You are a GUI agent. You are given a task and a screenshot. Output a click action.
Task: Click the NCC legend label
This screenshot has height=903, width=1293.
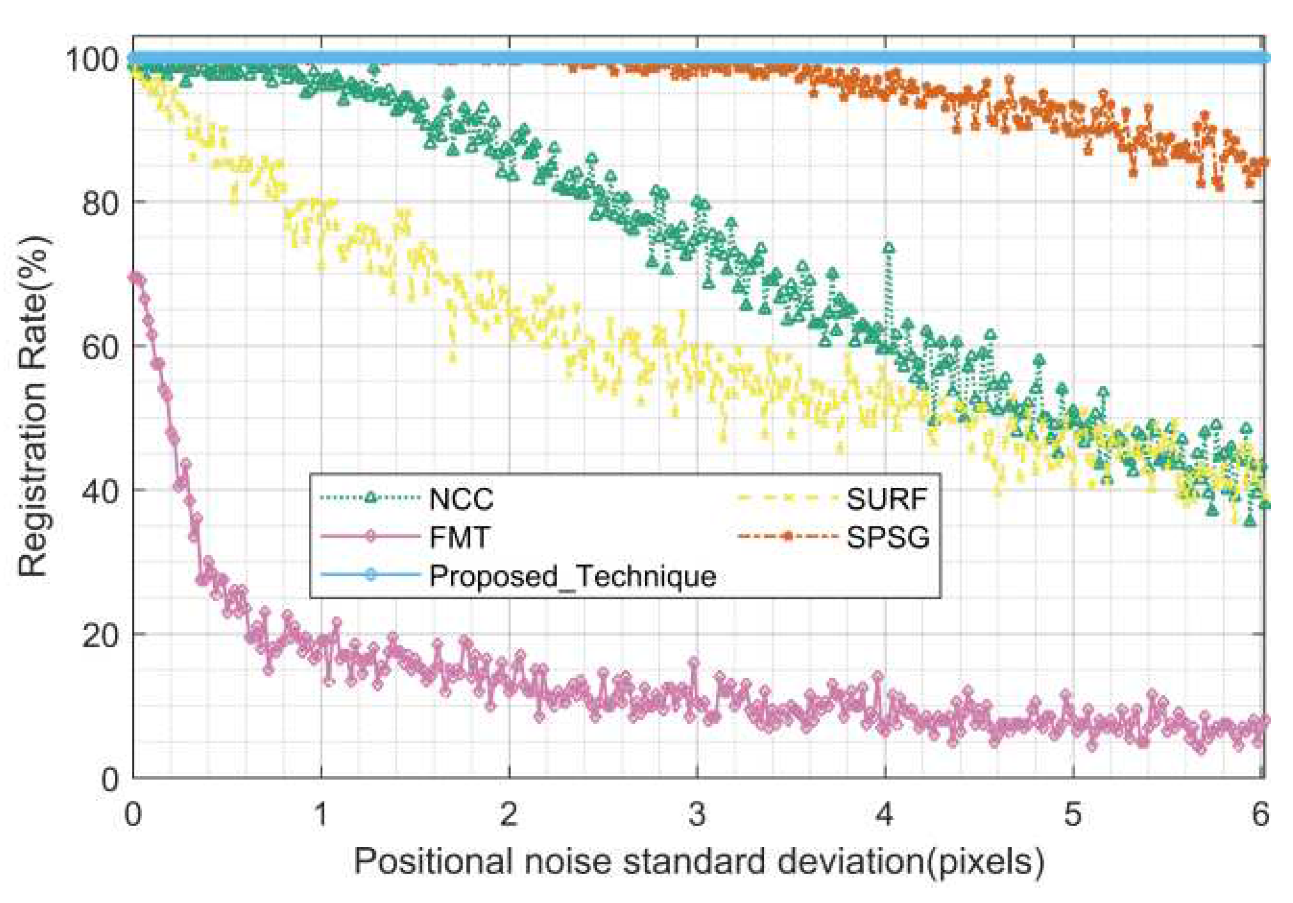point(461,498)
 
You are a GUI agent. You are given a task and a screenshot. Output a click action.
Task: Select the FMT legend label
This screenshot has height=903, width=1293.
point(459,537)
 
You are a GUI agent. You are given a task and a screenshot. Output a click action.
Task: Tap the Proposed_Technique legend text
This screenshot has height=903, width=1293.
point(572,575)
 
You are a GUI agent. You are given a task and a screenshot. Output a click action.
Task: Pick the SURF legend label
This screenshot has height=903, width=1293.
point(887,498)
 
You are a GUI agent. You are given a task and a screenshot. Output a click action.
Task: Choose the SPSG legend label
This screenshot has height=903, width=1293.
point(888,537)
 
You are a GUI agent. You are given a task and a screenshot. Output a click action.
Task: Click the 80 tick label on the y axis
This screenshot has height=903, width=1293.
point(100,202)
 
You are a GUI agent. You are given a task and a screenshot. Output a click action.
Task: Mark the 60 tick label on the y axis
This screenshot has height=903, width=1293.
point(100,346)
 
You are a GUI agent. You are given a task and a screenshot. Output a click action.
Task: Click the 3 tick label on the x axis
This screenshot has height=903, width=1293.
point(697,814)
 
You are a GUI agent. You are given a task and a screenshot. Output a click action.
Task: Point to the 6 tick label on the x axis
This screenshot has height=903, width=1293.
point(1260,814)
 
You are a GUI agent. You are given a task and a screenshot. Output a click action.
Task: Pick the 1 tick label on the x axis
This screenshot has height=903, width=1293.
point(321,814)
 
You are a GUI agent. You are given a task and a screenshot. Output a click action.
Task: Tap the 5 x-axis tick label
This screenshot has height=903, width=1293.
point(1073,814)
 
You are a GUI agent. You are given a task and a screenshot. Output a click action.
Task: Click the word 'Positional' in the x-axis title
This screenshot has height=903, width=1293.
point(433,861)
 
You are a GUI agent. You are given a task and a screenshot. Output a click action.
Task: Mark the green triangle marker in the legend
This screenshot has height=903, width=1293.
point(370,497)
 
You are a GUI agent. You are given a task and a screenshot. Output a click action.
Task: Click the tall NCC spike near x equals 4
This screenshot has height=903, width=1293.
point(888,248)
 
